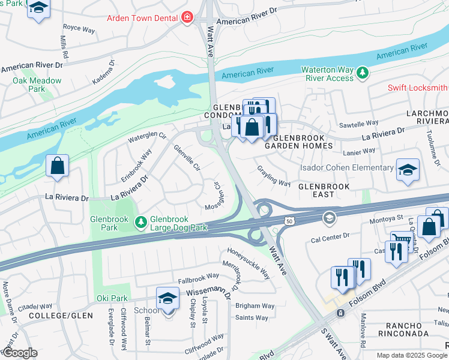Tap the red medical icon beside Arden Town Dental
[x=187, y=17]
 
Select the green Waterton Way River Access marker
[x=362, y=73]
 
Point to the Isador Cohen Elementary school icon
[x=408, y=170]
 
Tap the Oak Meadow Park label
[x=37, y=85]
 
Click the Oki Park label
[x=112, y=298]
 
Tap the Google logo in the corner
[x=20, y=352]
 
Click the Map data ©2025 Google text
[x=412, y=355]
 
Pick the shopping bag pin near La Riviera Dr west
[x=57, y=166]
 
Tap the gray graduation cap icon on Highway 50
[x=328, y=217]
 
